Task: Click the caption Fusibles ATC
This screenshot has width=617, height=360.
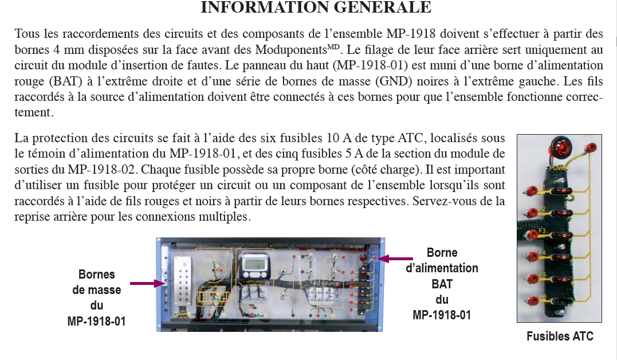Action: pyautogui.click(x=560, y=336)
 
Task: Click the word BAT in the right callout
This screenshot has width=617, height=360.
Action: pyautogui.click(x=442, y=284)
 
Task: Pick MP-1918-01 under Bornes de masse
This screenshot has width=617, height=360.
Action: pyautogui.click(x=96, y=321)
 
